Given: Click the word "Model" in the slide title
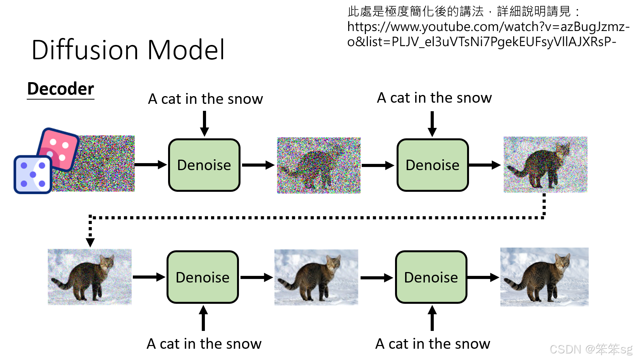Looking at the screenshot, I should tap(186, 50).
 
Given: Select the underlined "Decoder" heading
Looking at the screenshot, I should tap(60, 89).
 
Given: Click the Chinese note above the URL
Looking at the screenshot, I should tap(463, 12).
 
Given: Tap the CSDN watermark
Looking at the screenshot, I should tap(591, 349).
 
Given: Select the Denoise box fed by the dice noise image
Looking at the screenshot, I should tap(204, 165).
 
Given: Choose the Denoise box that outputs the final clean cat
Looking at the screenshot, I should tap(431, 277).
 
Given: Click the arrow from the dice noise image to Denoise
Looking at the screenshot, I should tap(151, 165).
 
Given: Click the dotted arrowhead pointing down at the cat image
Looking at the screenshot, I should tap(90, 242).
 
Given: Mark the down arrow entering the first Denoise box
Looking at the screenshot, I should tap(204, 124).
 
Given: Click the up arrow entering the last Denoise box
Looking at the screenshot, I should tap(432, 318).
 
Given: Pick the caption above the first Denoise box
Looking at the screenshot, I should tap(205, 99).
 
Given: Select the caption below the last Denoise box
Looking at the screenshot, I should tap(433, 344).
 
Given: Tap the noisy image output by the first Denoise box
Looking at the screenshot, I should tap(318, 165).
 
